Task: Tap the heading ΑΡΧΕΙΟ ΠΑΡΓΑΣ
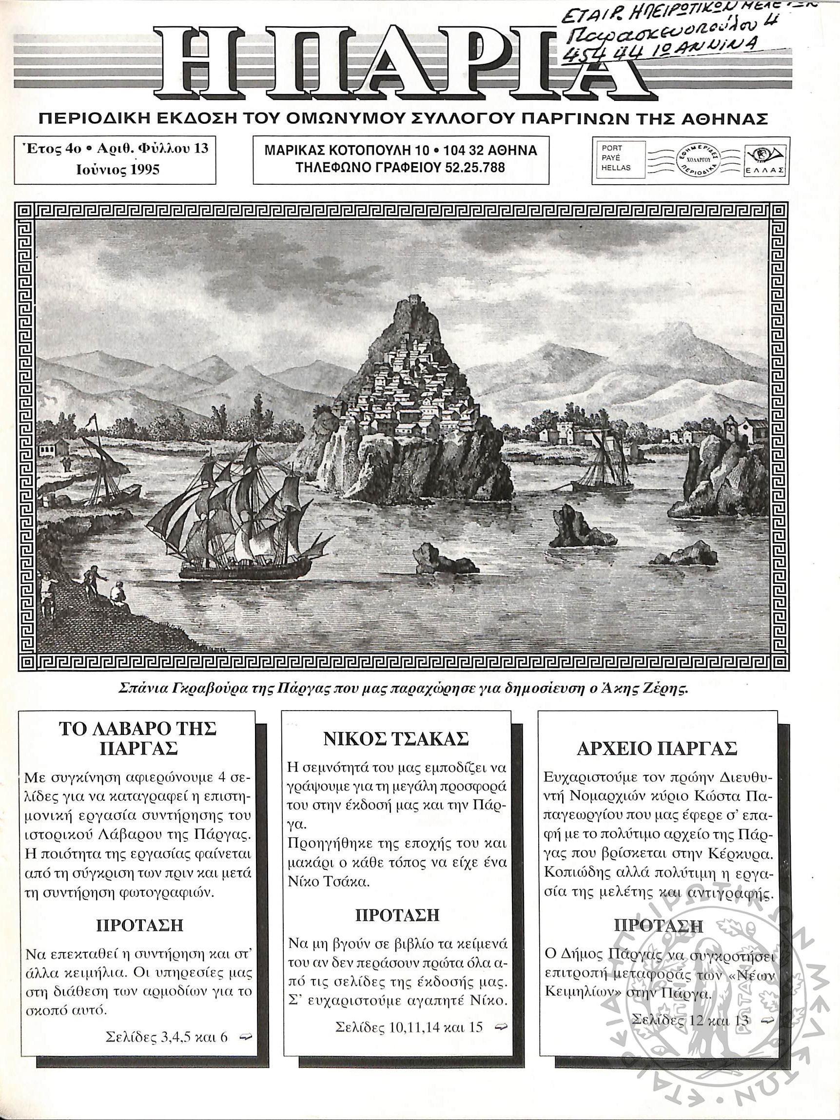point(657,748)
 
